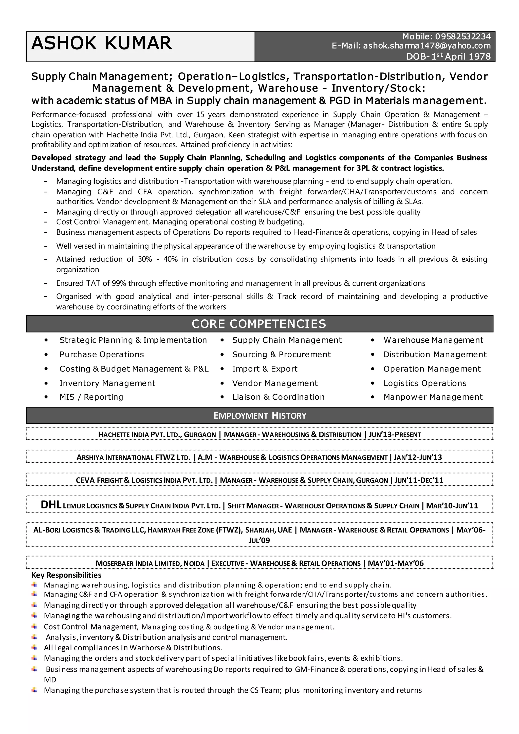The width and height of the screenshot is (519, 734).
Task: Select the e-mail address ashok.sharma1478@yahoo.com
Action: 427,46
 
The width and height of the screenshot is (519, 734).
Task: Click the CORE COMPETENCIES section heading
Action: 259,324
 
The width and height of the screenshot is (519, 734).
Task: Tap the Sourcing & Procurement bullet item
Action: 281,354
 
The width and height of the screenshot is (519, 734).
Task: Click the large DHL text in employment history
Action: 51,505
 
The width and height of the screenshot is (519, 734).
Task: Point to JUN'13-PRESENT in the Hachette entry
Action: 395,434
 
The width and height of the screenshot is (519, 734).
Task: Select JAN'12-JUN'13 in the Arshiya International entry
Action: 418,457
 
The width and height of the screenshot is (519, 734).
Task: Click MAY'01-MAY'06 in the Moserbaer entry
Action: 396,563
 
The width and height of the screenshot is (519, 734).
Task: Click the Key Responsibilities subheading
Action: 66,575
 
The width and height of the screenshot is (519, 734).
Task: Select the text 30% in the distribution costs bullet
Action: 145,259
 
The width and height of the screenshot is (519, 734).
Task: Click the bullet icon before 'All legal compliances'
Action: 34,647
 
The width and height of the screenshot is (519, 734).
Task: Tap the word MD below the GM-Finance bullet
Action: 50,680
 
